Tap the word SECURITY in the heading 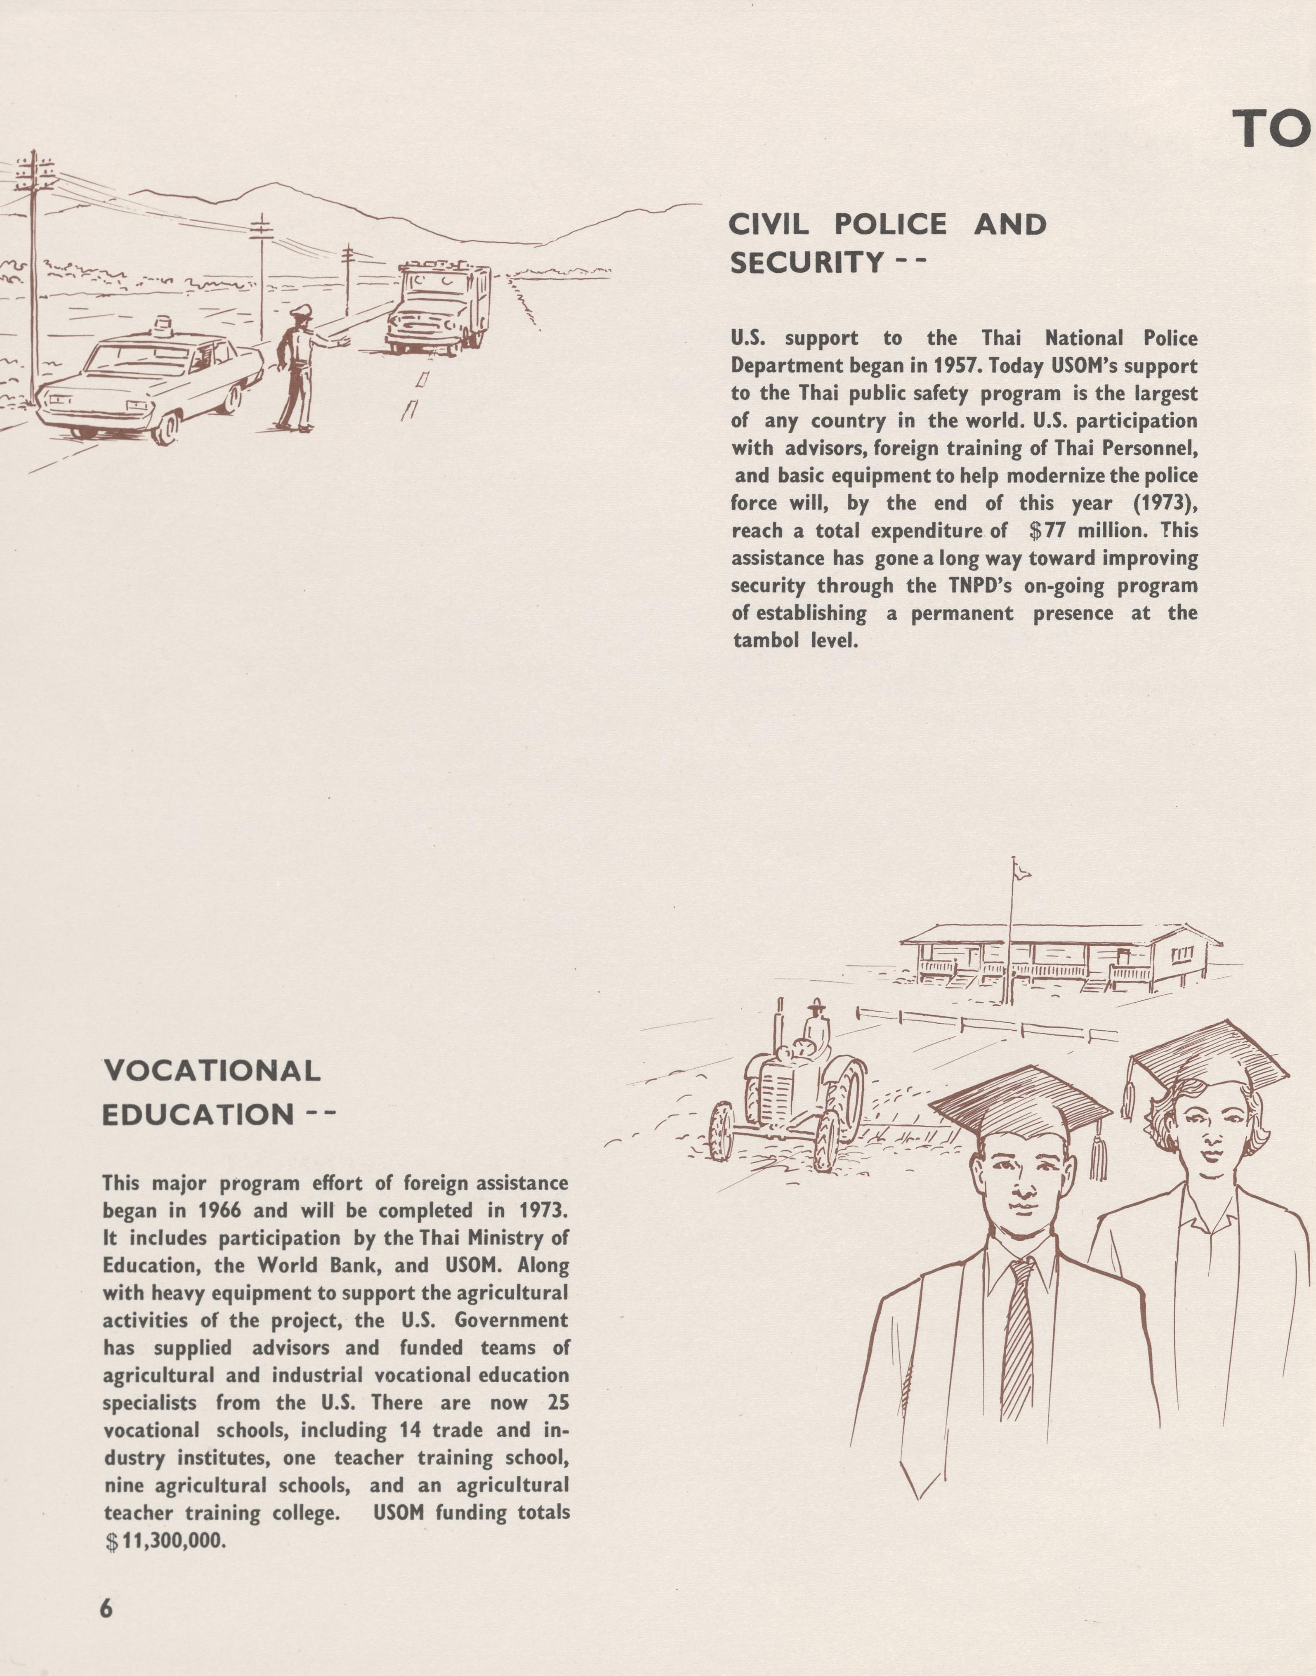click(806, 264)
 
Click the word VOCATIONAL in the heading click(212, 1071)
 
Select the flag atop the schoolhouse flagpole click(1022, 870)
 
